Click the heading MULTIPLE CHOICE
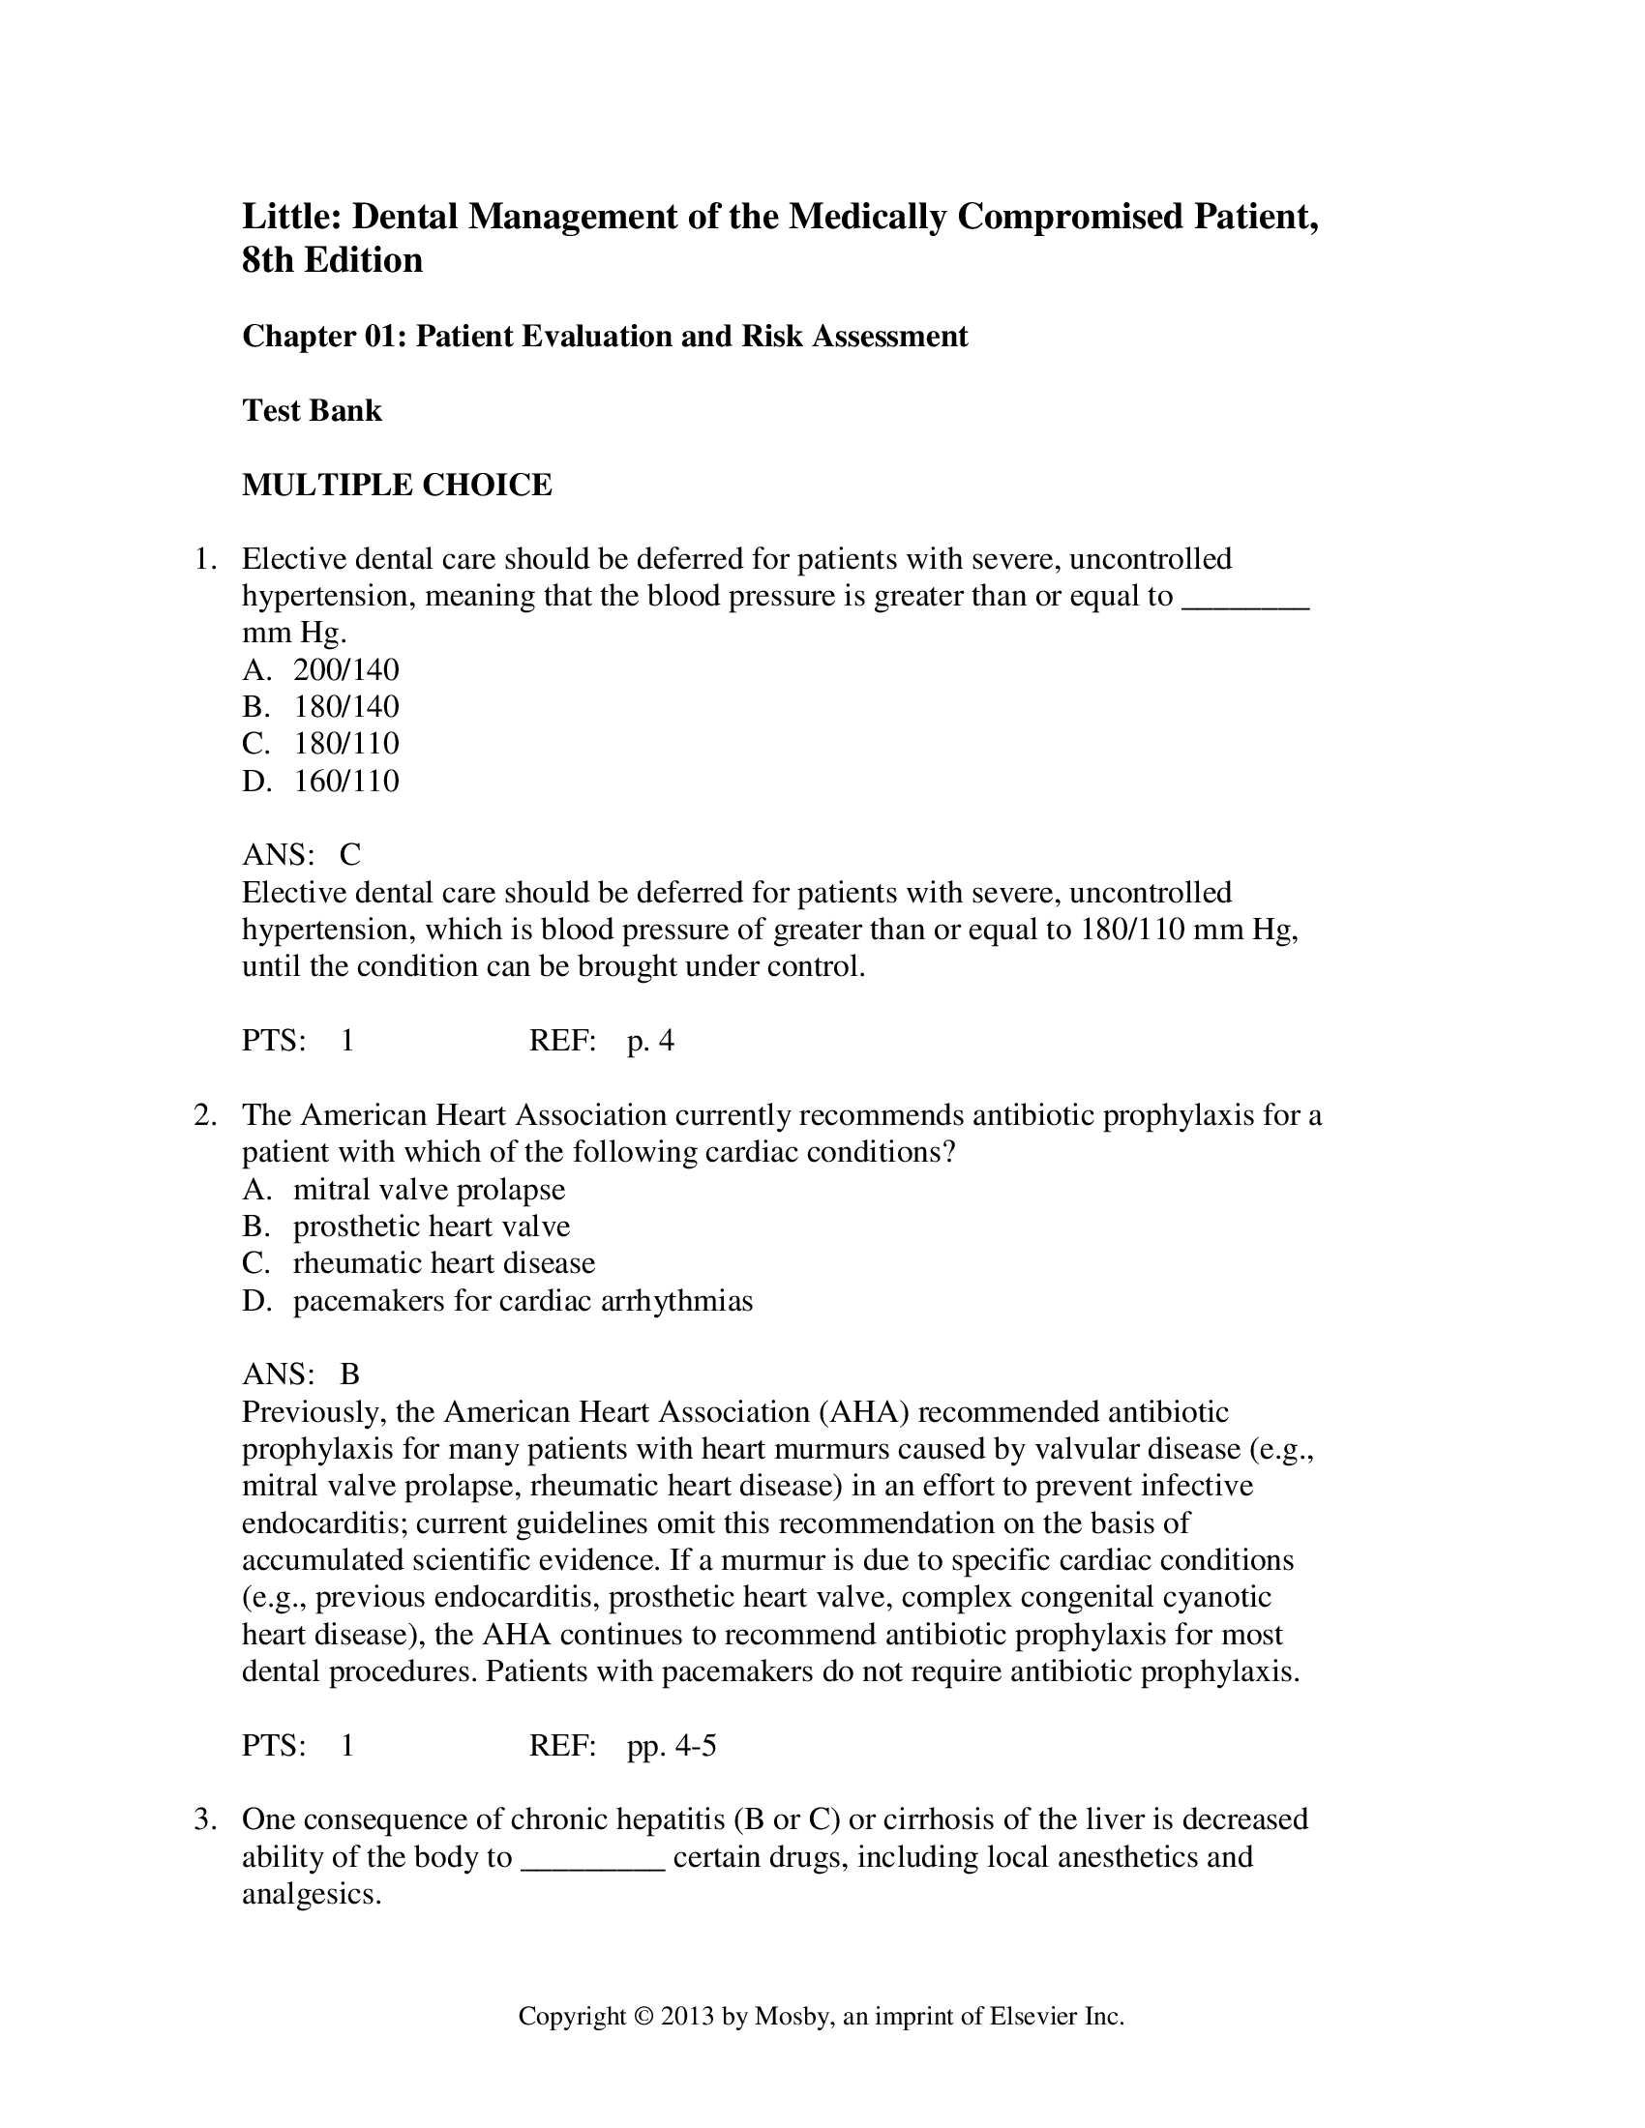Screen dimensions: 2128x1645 click(397, 485)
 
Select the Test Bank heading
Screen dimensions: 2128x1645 click(312, 410)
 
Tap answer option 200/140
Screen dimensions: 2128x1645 click(346, 669)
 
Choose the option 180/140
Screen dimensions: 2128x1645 click(346, 706)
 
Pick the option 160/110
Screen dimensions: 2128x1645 click(346, 781)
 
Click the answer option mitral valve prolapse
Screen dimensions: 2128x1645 click(429, 1190)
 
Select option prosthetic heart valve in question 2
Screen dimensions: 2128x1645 click(432, 1227)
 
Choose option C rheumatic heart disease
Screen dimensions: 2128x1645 click(443, 1264)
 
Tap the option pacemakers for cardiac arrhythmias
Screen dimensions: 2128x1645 click(523, 1301)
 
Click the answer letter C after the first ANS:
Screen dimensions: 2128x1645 click(350, 854)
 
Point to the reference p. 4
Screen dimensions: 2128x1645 click(650, 1042)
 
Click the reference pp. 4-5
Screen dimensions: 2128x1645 click(672, 1745)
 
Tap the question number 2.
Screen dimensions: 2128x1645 click(204, 1115)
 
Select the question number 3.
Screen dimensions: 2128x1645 click(204, 1819)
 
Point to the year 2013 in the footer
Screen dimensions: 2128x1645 click(687, 2016)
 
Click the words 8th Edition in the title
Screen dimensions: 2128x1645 click(332, 260)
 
